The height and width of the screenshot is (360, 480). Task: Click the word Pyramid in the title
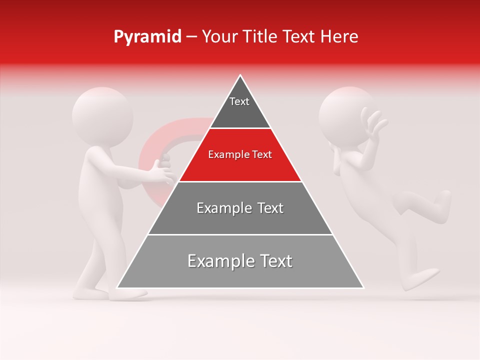point(147,37)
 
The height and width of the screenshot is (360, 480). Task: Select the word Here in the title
point(340,36)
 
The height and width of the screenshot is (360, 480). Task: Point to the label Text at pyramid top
point(239,101)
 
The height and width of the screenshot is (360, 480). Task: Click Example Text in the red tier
point(240,154)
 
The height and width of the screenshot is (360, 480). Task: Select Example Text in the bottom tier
point(240,261)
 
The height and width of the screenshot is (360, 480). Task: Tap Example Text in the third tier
point(240,208)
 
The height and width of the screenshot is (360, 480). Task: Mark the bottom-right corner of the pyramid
point(363,287)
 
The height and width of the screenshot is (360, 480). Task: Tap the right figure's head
point(345,116)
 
